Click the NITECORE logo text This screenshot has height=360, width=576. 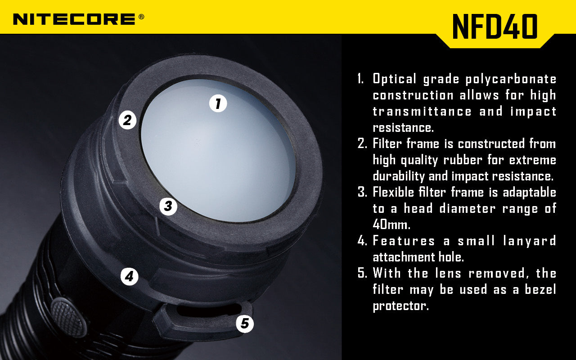(74, 19)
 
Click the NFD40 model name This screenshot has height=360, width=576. (495, 27)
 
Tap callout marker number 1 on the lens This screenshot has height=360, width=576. (218, 103)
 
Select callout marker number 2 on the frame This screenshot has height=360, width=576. (128, 120)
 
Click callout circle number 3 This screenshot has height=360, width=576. (168, 207)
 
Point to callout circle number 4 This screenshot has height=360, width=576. (130, 276)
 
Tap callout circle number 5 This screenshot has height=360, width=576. (245, 323)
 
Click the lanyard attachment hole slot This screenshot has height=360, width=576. (207, 310)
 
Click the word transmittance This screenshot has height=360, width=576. (421, 112)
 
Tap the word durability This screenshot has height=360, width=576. (399, 176)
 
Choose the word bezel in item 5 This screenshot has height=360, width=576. (540, 290)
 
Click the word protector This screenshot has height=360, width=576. (400, 306)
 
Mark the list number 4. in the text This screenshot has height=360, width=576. (363, 241)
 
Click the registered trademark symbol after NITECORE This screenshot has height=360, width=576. (141, 17)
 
